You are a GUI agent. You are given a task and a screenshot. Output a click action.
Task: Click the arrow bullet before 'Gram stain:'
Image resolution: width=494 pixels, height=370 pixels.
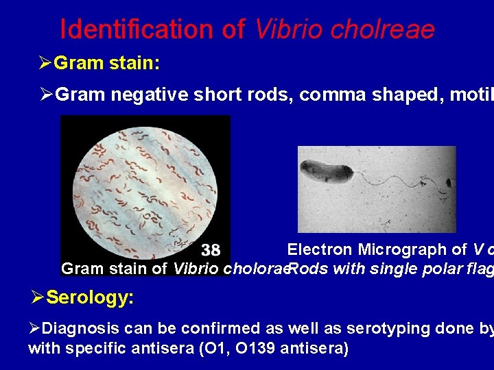(45, 64)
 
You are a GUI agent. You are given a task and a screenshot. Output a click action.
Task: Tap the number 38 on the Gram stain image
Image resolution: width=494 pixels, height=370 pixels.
(211, 250)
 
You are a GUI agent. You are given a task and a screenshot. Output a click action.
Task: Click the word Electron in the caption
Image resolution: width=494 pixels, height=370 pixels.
(320, 250)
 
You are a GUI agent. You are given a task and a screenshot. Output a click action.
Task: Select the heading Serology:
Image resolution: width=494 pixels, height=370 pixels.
(90, 299)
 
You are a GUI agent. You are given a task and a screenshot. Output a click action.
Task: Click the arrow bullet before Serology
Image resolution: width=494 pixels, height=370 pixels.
(38, 299)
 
